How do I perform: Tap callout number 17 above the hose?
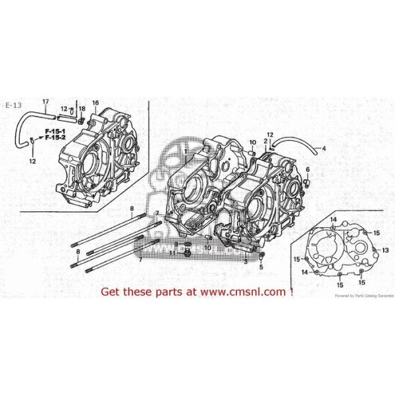45,101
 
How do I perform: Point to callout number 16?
95,103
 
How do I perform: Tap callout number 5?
261,267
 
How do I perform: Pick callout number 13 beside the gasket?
386,251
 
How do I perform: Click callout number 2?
265,141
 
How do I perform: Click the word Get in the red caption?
110,291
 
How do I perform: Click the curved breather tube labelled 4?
296,144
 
